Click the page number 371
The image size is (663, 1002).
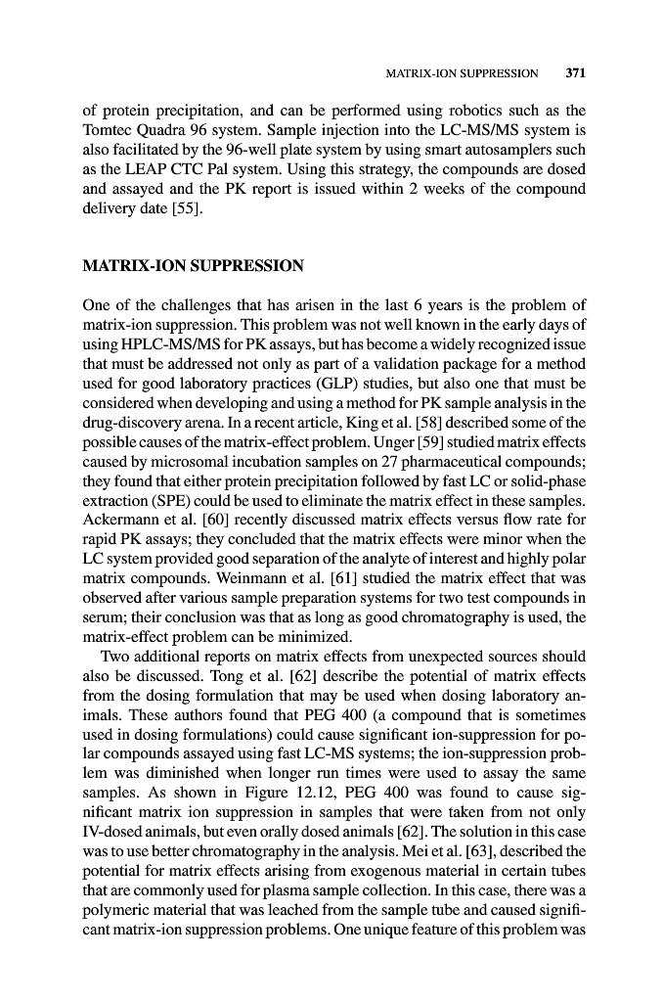tap(574, 72)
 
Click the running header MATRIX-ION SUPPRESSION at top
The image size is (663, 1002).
tap(463, 73)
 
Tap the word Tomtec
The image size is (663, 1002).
tap(105, 129)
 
